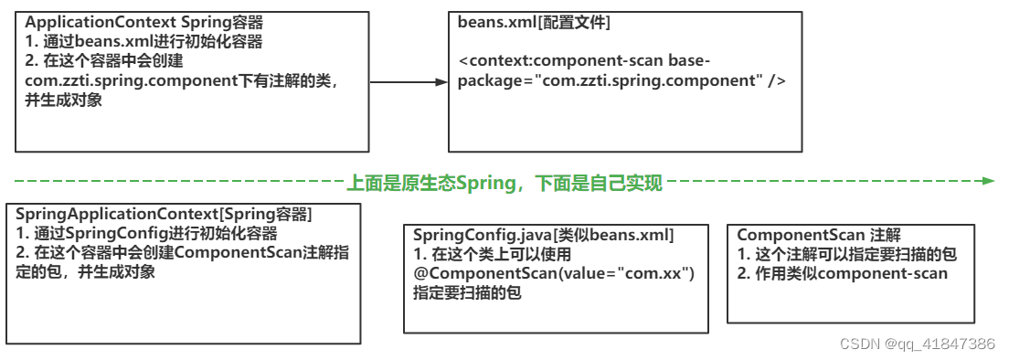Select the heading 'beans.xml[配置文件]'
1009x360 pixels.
pos(533,22)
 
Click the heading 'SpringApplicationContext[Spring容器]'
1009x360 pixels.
pos(165,214)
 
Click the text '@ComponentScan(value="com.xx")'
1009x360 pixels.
pos(555,274)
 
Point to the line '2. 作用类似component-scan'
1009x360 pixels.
pos(842,273)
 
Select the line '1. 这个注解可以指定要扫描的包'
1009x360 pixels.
pos(846,255)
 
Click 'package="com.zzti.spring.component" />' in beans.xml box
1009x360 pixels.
pos(621,80)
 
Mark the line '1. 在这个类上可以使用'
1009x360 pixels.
pos(492,255)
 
